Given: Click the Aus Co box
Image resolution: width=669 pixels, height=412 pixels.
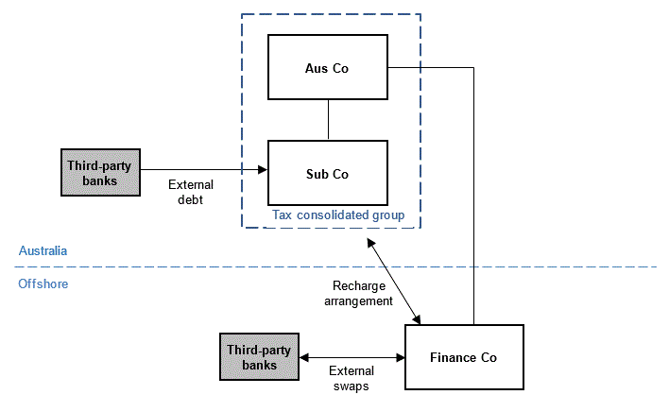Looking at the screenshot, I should (328, 68).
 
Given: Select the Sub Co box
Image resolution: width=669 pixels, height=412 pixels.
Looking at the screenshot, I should (328, 174).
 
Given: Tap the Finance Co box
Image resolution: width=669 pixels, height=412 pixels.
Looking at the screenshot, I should (463, 357).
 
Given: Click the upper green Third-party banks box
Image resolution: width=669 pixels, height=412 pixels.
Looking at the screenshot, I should (99, 171).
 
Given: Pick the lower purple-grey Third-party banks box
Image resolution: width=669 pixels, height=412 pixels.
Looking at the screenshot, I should (259, 357).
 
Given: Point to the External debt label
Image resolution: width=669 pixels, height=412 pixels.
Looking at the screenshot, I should (191, 191).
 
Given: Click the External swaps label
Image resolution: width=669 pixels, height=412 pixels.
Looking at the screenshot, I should (351, 378).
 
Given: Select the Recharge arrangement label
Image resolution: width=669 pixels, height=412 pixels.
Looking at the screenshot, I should (362, 294).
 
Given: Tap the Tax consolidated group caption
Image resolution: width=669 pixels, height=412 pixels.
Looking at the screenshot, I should (338, 215).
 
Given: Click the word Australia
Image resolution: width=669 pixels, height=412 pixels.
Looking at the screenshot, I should (43, 250).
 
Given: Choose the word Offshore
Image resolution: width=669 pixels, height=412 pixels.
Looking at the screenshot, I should (43, 283).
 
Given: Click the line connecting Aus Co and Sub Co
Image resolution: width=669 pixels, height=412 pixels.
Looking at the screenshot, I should (328, 120).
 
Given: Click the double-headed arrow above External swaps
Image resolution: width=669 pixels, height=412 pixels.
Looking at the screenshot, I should (352, 358).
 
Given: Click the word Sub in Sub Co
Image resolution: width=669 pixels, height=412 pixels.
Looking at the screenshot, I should (316, 174).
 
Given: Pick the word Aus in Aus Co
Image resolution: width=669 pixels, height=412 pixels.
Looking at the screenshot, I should (316, 68).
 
